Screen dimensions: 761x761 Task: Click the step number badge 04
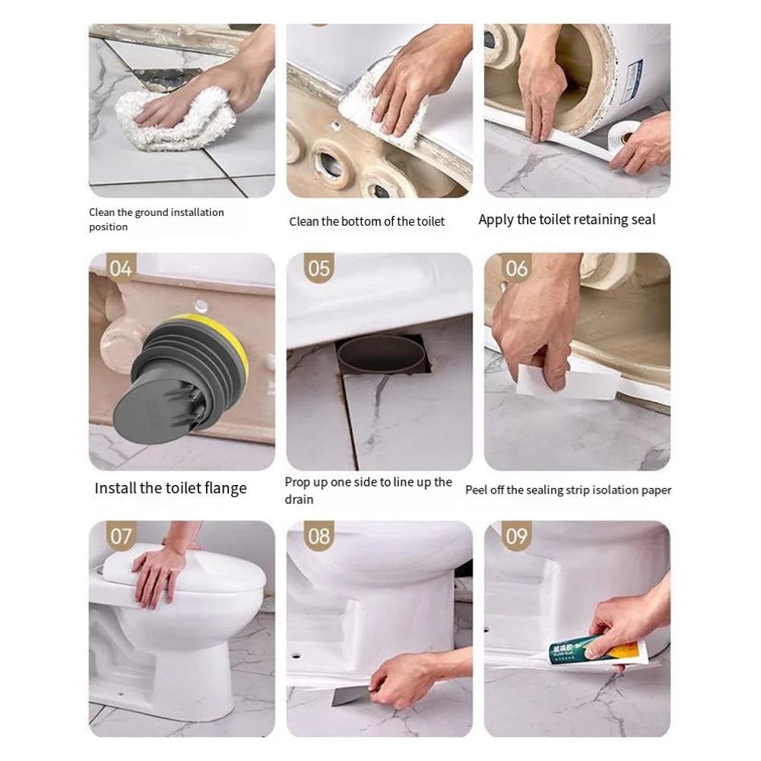pyautogui.click(x=121, y=268)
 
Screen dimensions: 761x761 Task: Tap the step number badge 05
pyautogui.click(x=319, y=268)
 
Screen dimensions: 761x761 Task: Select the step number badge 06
pyautogui.click(x=516, y=268)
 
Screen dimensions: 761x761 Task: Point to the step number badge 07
pyautogui.click(x=121, y=536)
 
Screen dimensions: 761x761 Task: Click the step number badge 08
pyautogui.click(x=319, y=536)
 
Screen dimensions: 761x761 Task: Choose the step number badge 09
pyautogui.click(x=516, y=536)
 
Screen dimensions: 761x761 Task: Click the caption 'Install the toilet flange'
pyautogui.click(x=170, y=488)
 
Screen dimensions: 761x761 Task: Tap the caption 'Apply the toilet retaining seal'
pyautogui.click(x=566, y=220)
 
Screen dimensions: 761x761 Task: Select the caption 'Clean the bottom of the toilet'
pyautogui.click(x=366, y=221)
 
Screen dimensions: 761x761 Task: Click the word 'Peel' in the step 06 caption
pyautogui.click(x=476, y=490)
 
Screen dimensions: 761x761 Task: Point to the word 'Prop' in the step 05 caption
pyautogui.click(x=296, y=482)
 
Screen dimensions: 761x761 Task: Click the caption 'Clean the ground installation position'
pyautogui.click(x=156, y=220)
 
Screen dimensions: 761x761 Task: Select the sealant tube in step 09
pyautogui.click(x=593, y=651)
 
